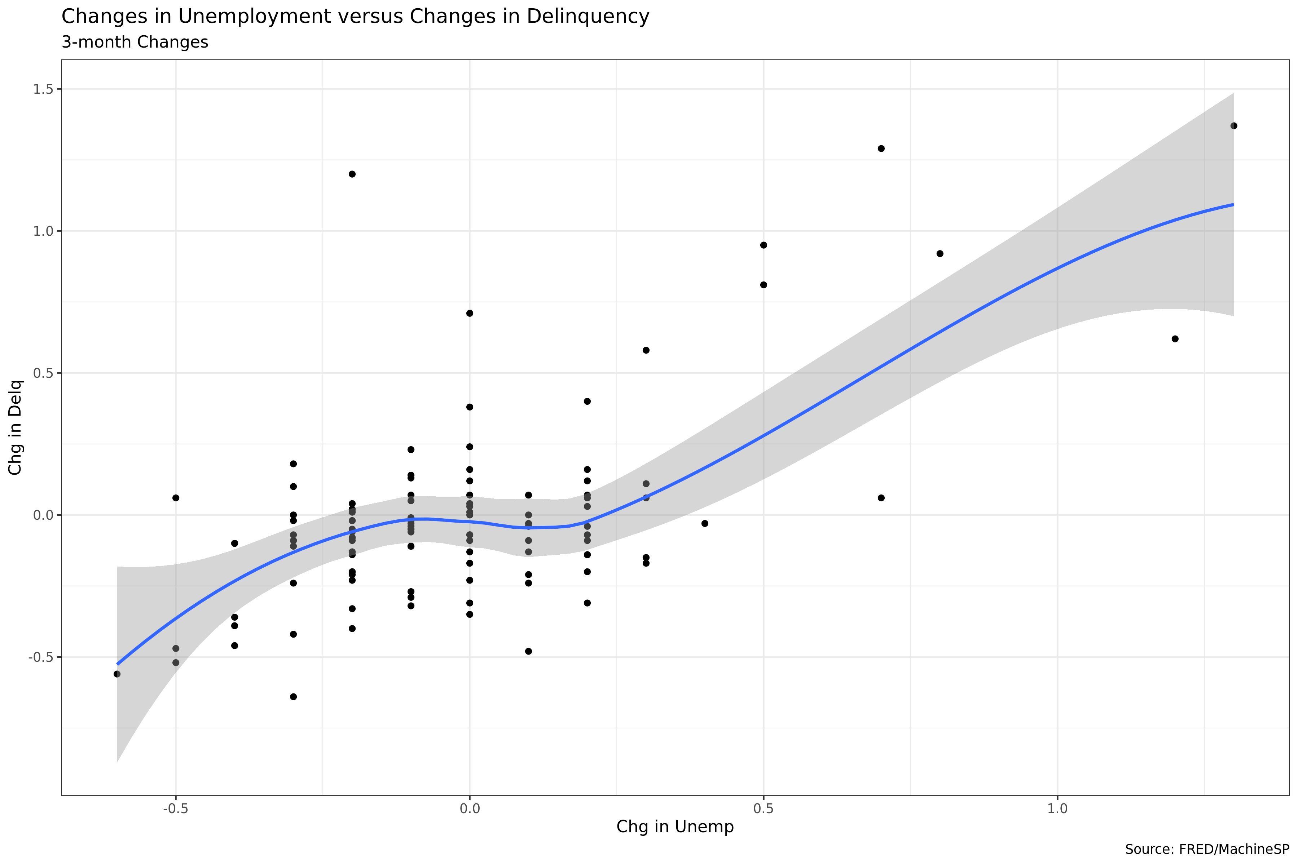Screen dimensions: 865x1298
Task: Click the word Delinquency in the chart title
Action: (x=588, y=17)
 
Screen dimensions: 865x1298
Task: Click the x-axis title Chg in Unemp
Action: (x=674, y=826)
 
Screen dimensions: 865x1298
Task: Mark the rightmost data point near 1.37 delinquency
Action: (x=1234, y=126)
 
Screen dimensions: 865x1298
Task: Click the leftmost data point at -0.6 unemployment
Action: (x=117, y=674)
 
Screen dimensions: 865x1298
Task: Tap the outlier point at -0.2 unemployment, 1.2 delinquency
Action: (x=352, y=174)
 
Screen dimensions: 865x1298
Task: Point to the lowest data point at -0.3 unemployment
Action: (x=294, y=697)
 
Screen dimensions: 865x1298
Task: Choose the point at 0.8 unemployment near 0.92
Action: (x=940, y=254)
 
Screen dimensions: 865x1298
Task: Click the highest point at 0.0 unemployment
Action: (x=470, y=313)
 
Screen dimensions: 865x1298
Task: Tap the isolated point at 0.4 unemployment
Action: (x=705, y=524)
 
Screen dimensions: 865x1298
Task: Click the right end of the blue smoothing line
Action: (x=1233, y=205)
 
